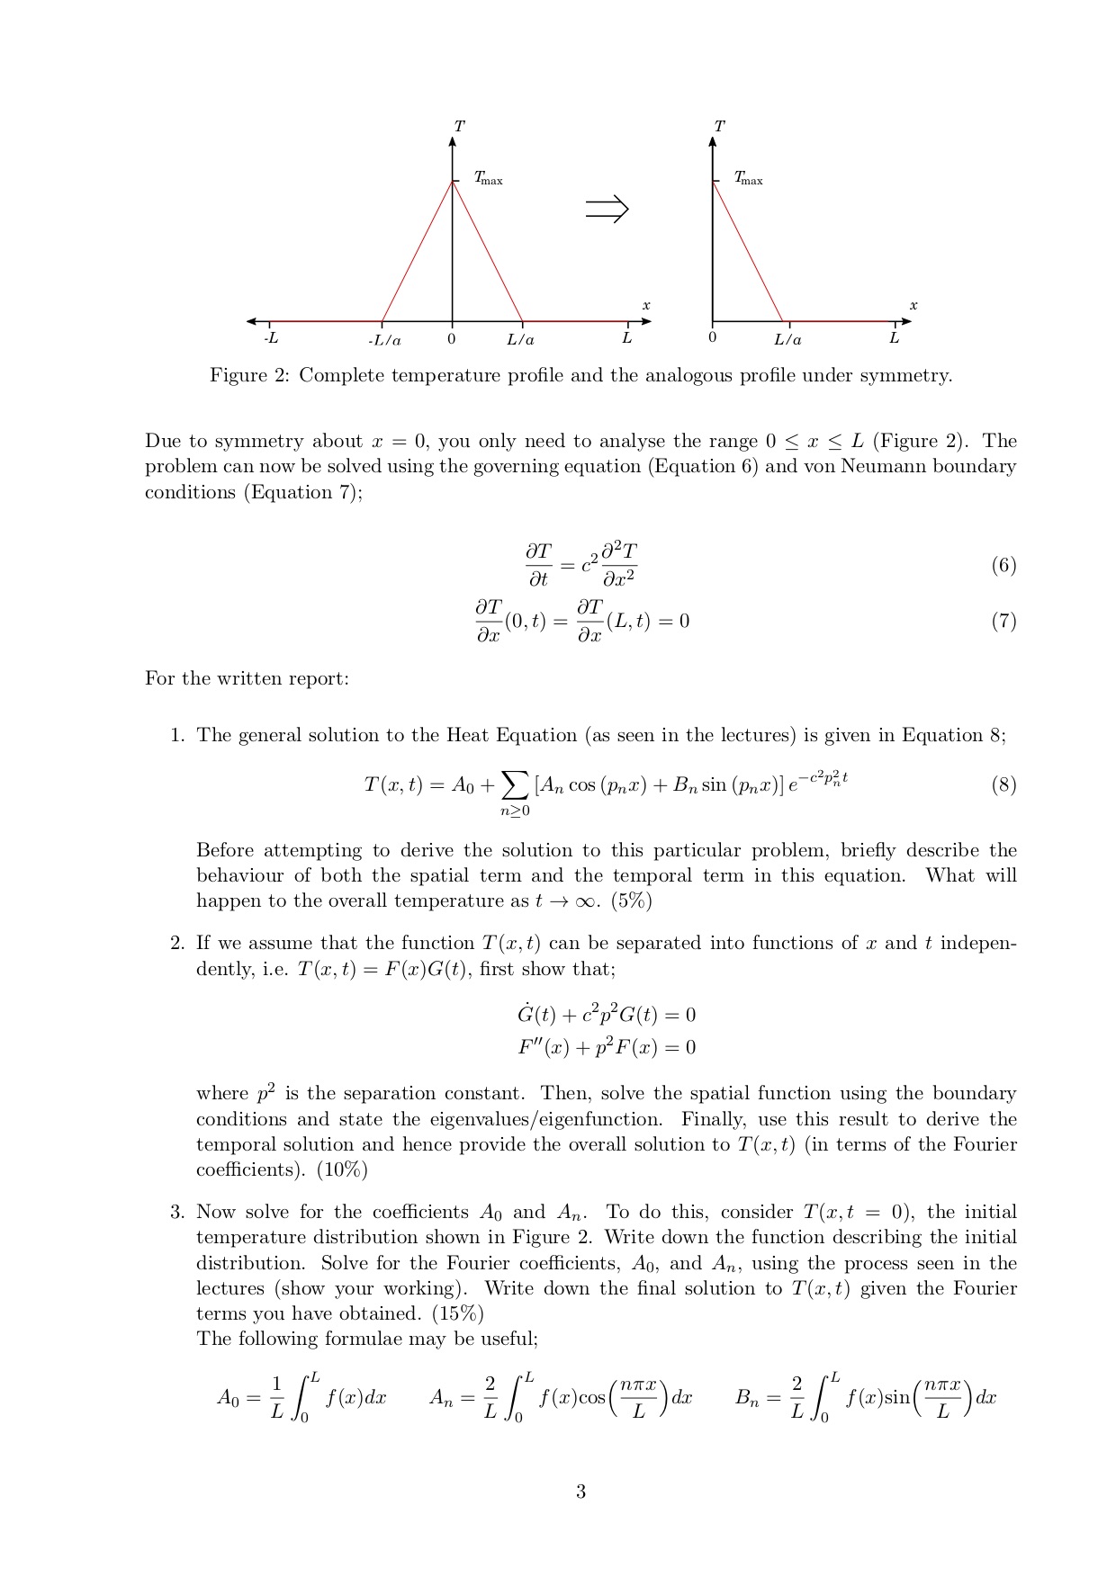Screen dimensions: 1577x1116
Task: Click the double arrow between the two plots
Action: pyautogui.click(x=607, y=210)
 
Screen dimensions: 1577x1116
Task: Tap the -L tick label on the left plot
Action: pyautogui.click(x=270, y=338)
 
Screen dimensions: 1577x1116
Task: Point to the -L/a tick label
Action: pyautogui.click(x=384, y=340)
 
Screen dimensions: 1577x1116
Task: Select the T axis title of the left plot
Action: pyautogui.click(x=459, y=127)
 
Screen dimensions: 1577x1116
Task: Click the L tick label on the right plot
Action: pyautogui.click(x=894, y=338)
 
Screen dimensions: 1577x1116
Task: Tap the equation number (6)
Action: pyautogui.click(x=1003, y=565)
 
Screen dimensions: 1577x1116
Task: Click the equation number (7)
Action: pyautogui.click(x=1003, y=621)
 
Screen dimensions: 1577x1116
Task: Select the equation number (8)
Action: pyautogui.click(x=1003, y=784)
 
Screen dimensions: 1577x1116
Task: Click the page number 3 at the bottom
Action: pyautogui.click(x=580, y=1492)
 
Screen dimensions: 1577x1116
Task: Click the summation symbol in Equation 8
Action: pyautogui.click(x=515, y=785)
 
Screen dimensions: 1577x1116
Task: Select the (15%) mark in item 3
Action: pyautogui.click(x=457, y=1313)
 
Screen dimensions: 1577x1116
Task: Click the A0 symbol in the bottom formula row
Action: pyautogui.click(x=228, y=1398)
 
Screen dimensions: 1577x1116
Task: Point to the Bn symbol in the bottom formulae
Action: pyautogui.click(x=748, y=1398)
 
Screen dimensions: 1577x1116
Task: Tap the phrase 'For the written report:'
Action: pyautogui.click(x=247, y=678)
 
